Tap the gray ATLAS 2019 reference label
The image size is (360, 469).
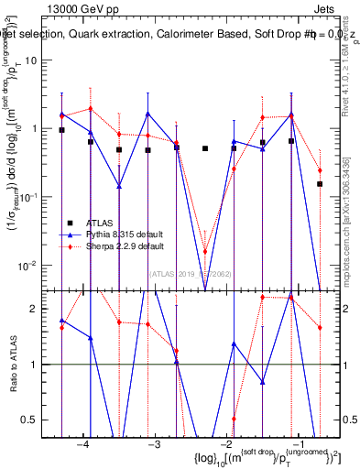[x=191, y=273]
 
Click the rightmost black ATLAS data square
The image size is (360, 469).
[x=320, y=184]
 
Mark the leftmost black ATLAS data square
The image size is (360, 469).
[x=61, y=130]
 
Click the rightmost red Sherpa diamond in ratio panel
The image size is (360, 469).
[x=320, y=327]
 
